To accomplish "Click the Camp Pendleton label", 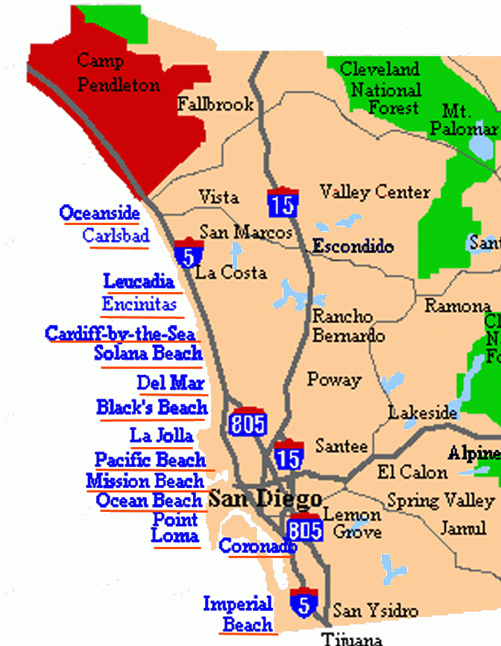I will click(x=118, y=72).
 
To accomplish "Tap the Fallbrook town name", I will click(x=215, y=105).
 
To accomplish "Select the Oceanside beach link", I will click(x=100, y=213).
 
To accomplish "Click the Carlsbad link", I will click(x=116, y=236).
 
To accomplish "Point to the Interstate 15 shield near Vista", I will click(x=283, y=201).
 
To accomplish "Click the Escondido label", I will click(x=353, y=246).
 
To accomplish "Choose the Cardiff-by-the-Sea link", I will click(x=120, y=333).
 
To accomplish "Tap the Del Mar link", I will click(x=171, y=383).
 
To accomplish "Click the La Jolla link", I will click(x=162, y=435).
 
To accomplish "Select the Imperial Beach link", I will click(x=239, y=614).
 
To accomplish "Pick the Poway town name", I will click(x=334, y=379).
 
